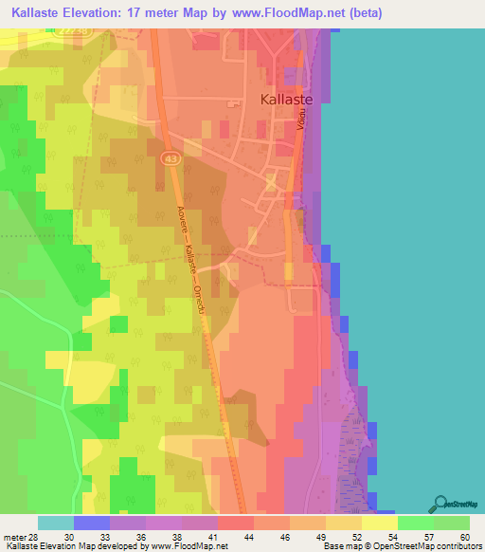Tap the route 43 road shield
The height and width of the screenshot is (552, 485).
point(169,157)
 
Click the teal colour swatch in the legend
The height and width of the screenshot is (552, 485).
point(55,523)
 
